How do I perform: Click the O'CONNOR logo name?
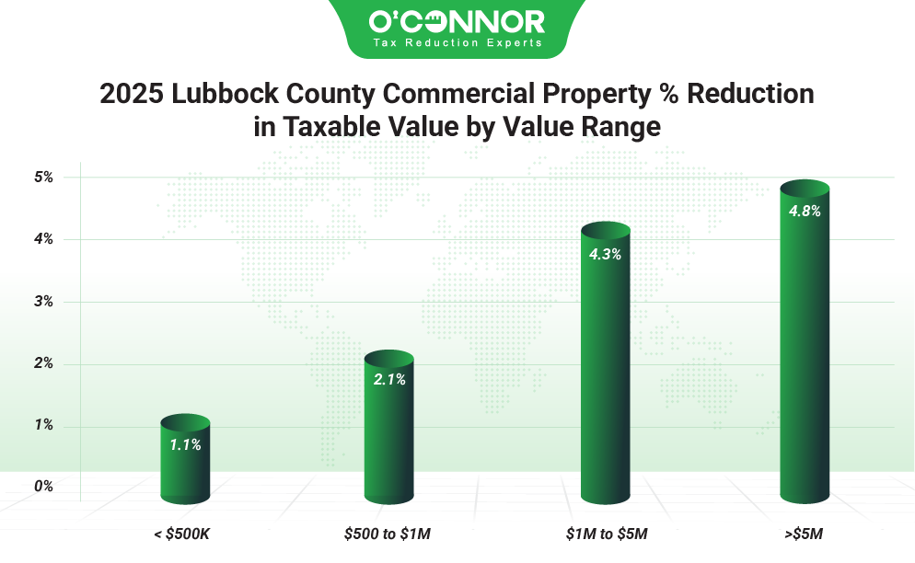(457, 21)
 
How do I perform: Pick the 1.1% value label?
(185, 444)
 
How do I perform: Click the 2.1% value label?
(389, 379)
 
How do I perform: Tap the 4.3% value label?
(605, 255)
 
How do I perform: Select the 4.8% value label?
(805, 211)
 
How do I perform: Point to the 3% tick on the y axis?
(44, 302)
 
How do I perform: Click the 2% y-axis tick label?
(44, 363)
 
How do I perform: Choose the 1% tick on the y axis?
(44, 425)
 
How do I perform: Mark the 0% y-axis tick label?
(44, 486)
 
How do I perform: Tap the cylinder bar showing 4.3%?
(605, 368)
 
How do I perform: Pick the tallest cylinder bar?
(805, 350)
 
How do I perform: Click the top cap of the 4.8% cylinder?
(805, 188)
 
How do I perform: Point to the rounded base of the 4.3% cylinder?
(605, 497)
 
